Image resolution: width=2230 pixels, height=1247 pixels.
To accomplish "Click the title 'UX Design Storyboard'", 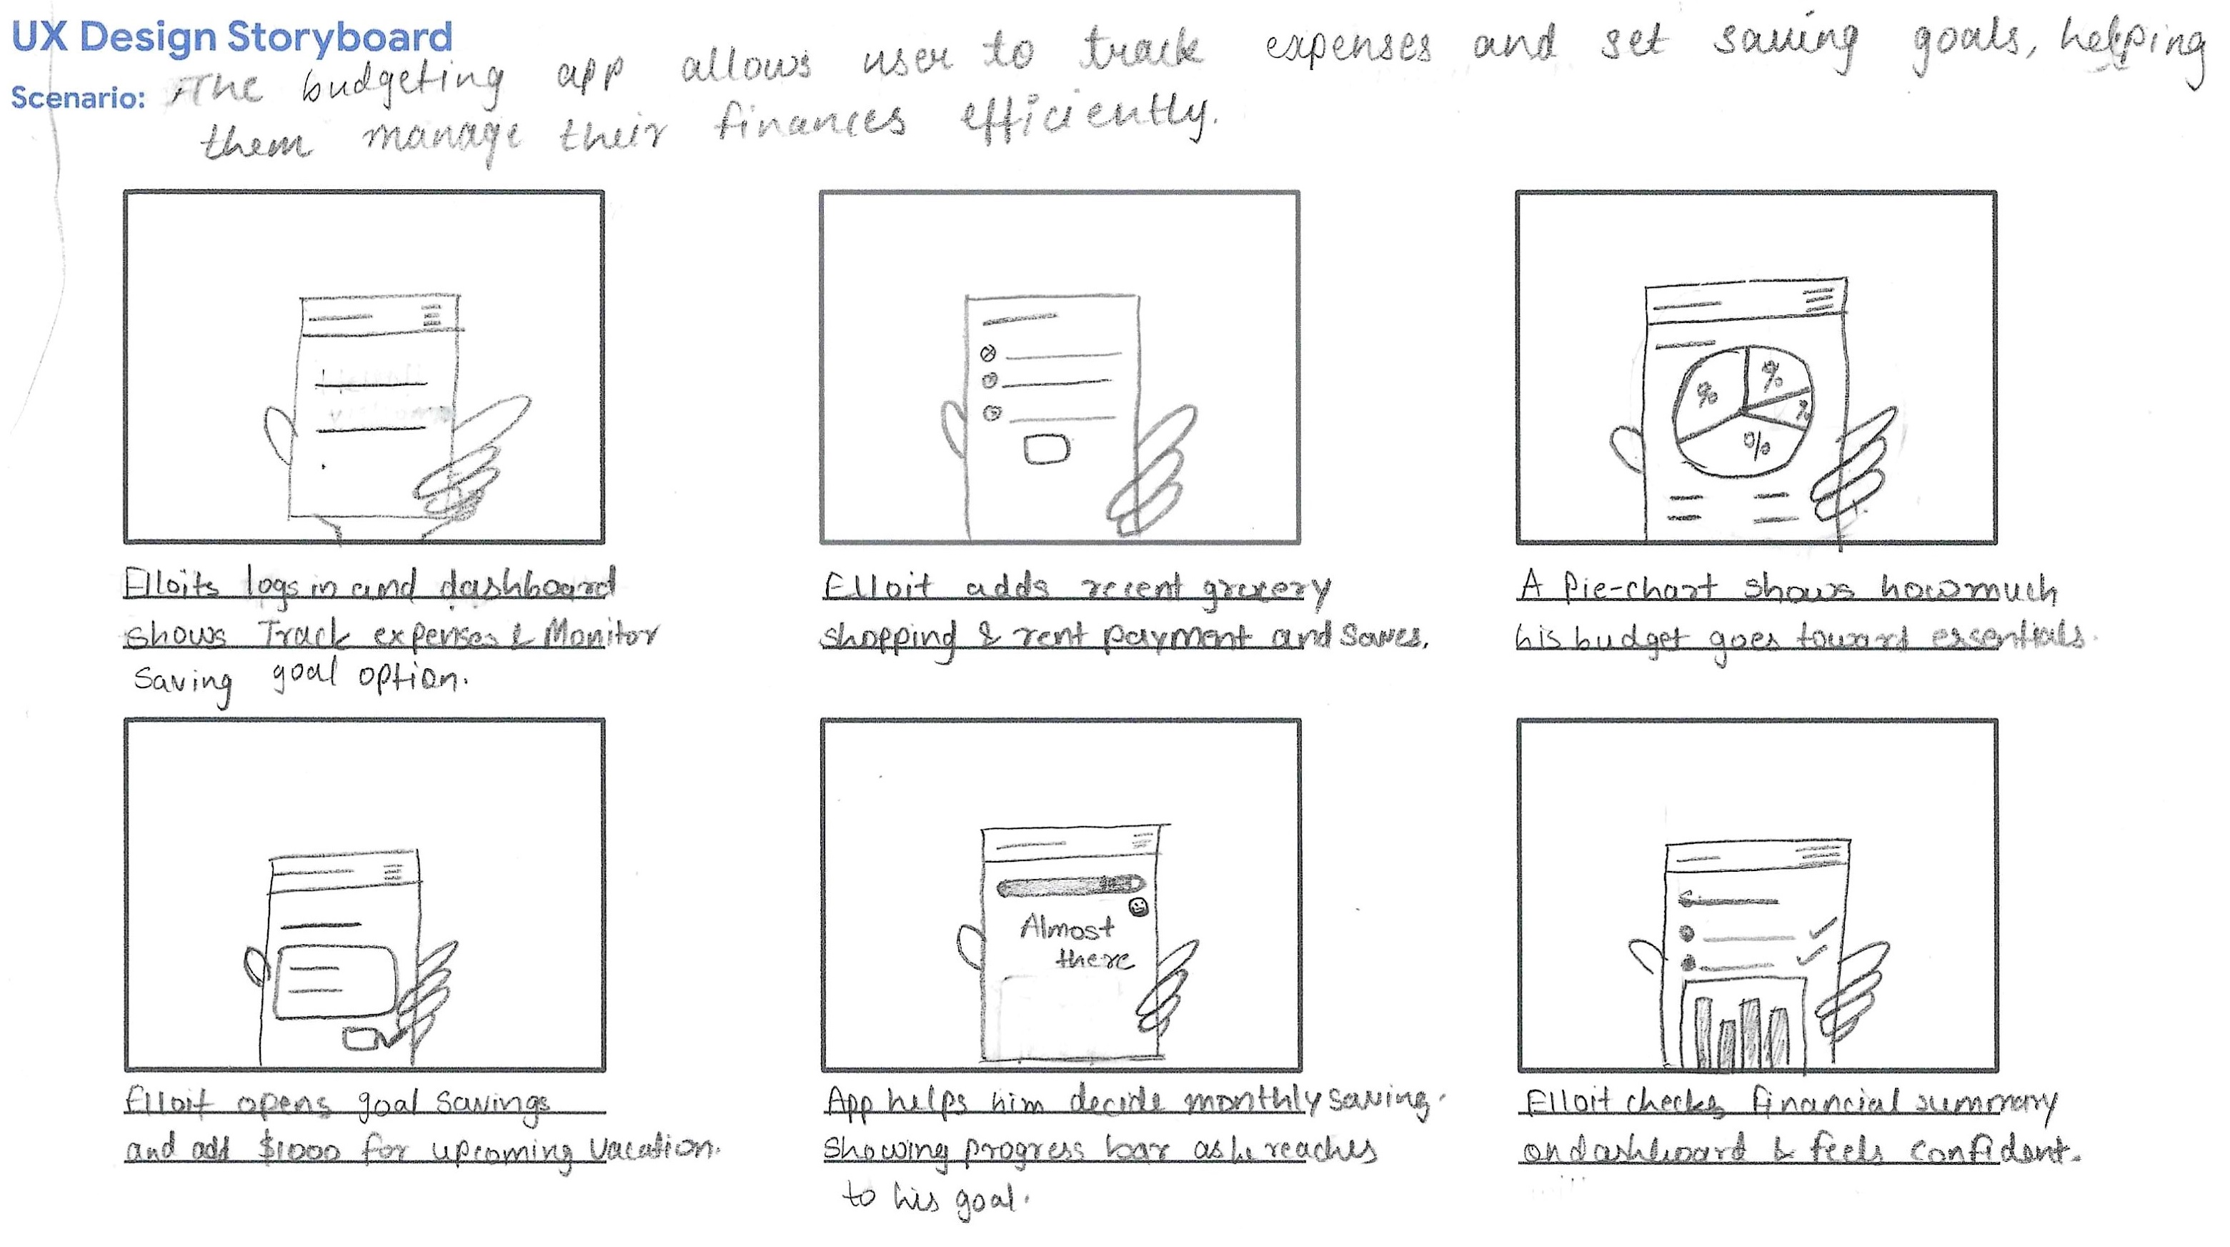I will click(232, 37).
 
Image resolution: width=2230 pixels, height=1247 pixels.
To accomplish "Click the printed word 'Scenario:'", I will click(78, 98).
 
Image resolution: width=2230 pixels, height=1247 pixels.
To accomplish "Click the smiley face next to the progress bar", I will click(1138, 907).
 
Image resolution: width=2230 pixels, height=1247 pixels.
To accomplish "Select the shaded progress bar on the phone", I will click(1070, 886).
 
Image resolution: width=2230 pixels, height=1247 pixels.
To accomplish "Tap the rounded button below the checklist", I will click(1047, 449).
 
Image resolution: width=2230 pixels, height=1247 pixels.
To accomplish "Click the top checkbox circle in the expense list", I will click(987, 353).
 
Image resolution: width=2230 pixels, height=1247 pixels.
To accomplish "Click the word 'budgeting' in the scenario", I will click(402, 86).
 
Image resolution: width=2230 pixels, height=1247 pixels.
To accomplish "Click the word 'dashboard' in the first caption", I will click(527, 586).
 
